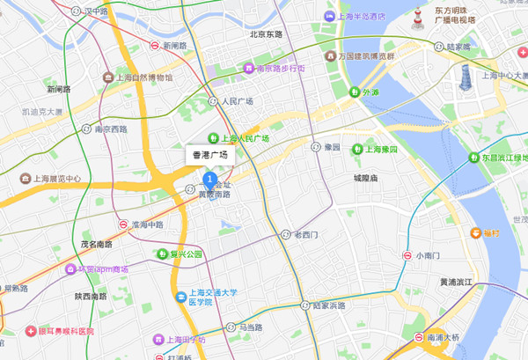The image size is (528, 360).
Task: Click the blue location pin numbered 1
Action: pos(209,180)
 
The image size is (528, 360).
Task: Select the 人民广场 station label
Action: pos(237,101)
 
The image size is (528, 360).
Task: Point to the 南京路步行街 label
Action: pos(280,68)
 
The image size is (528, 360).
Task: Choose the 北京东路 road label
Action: pos(267,34)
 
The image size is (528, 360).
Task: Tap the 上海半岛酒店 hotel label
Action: pos(355,17)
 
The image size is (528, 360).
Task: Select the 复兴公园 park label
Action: pos(186,254)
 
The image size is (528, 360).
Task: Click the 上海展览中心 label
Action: pos(51,179)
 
